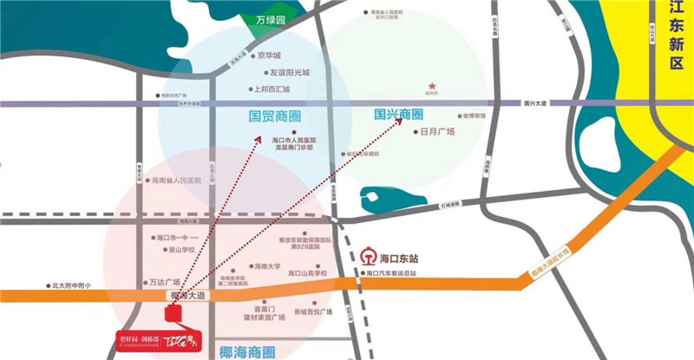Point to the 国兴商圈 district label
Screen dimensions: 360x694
(x=399, y=115)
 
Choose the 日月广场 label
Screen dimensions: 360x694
(x=437, y=133)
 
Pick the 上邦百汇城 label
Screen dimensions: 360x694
(x=274, y=88)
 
